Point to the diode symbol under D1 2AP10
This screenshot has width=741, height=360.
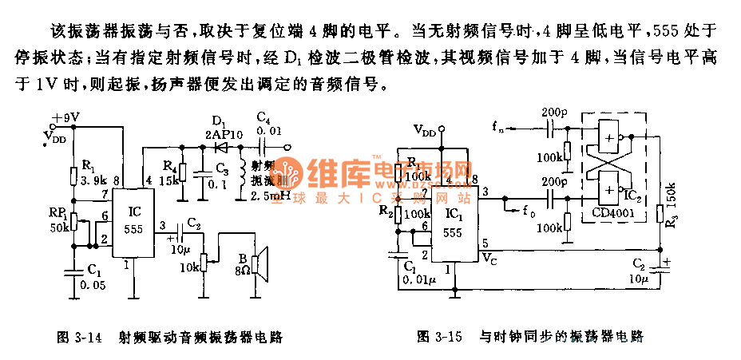221,148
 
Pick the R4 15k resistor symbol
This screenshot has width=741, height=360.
183,172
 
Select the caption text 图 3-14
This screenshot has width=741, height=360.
80,338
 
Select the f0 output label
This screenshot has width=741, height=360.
528,212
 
